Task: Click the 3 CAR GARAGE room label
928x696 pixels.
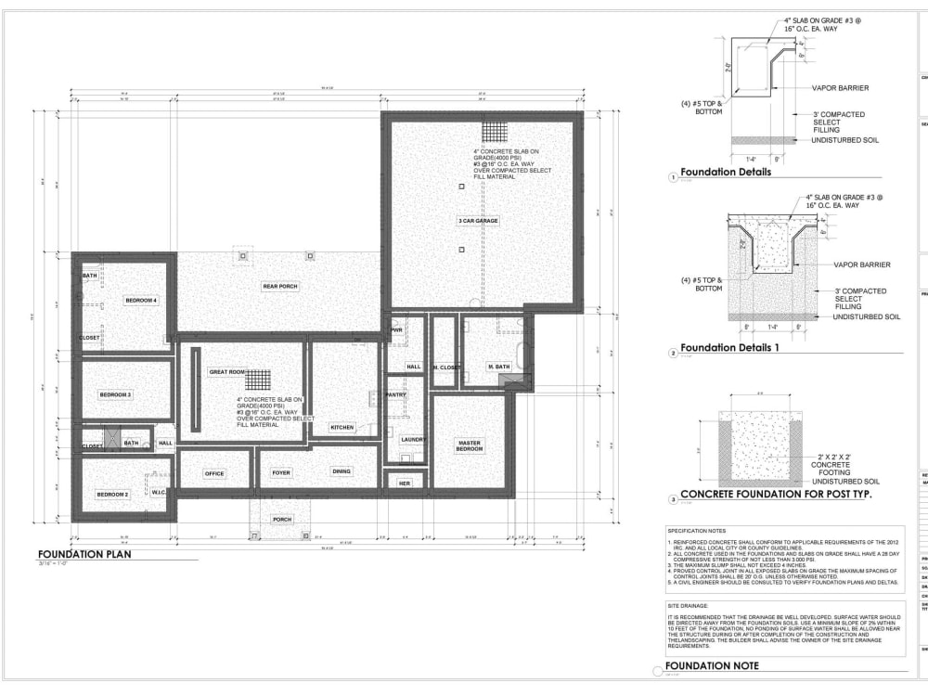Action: [x=478, y=221]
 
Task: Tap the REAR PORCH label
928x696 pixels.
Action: [x=279, y=287]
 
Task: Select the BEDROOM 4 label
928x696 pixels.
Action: [x=141, y=300]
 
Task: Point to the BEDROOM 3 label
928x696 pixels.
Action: [x=115, y=394]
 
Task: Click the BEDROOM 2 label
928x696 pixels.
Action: [x=112, y=495]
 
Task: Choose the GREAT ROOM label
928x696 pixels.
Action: [x=226, y=372]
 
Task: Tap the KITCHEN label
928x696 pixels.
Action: [x=342, y=427]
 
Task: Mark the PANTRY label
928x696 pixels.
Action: [x=395, y=394]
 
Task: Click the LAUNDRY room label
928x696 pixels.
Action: [x=413, y=439]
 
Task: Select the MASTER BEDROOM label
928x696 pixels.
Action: [x=470, y=445]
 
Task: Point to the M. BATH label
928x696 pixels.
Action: [x=499, y=367]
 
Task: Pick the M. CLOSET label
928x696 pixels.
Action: [x=446, y=367]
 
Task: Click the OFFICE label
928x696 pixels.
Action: [x=214, y=473]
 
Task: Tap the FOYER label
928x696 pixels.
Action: [x=281, y=473]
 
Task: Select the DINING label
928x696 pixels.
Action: [x=342, y=471]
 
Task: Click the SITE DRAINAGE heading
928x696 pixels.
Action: [x=692, y=605]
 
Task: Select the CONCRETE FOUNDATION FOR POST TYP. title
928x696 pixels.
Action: [x=780, y=495]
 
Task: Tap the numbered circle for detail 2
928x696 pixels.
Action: [x=672, y=353]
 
